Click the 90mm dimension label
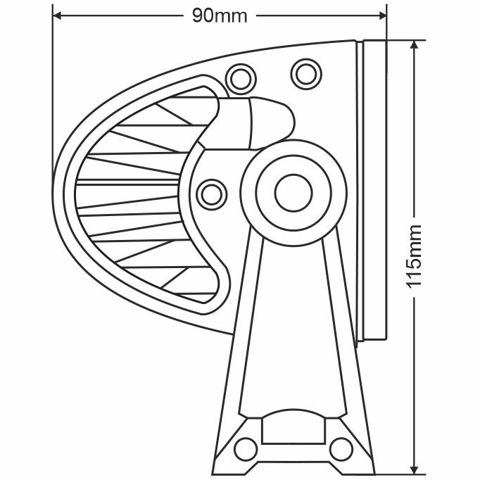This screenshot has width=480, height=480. point(220,15)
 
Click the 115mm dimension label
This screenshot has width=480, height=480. point(415,255)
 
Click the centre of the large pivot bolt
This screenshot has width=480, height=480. point(293,191)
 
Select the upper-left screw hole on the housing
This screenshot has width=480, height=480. point(239,77)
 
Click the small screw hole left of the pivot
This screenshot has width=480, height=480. point(210,192)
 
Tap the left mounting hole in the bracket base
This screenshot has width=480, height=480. point(246,447)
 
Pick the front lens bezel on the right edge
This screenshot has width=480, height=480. point(374,190)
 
